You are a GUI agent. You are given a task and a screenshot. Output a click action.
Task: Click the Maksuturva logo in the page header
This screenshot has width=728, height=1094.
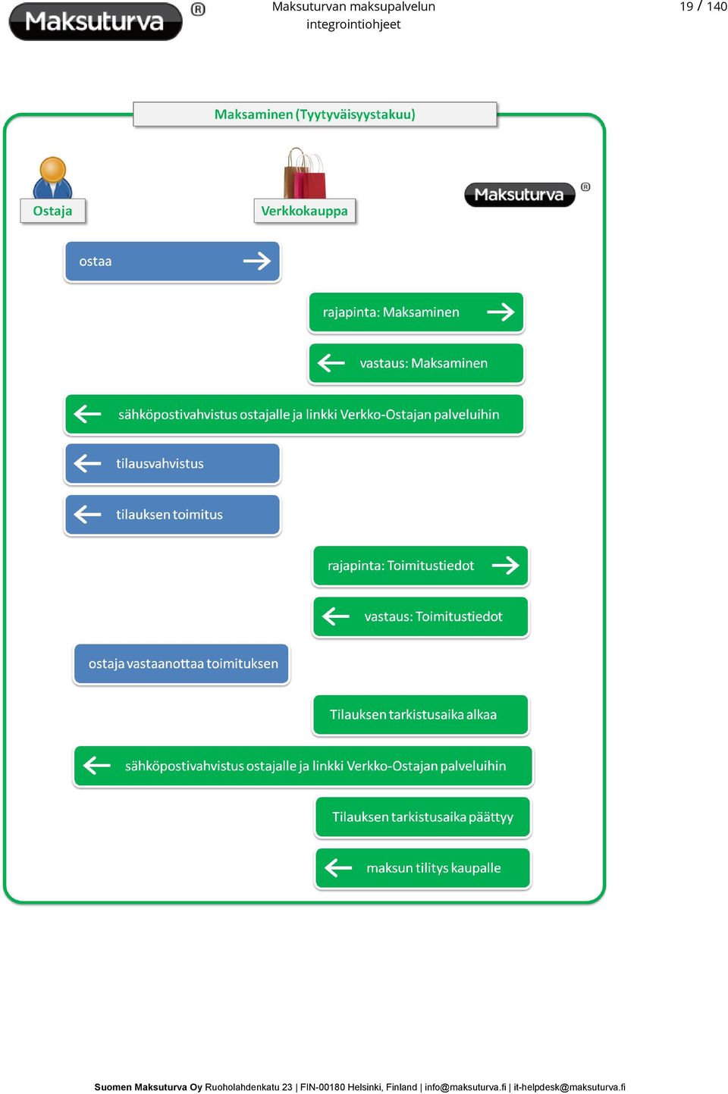[96, 21]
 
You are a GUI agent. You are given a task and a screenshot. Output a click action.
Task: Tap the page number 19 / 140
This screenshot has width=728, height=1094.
[703, 6]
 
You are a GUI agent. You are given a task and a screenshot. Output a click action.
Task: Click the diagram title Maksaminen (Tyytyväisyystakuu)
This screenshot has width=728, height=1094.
[315, 114]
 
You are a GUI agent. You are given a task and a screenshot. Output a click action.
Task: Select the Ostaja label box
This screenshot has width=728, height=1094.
[53, 211]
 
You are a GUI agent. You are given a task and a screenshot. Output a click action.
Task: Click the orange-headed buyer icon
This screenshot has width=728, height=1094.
[52, 177]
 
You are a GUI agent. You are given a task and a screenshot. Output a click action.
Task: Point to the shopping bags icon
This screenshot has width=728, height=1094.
[305, 173]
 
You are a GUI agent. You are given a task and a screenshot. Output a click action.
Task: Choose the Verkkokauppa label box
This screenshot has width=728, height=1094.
[304, 211]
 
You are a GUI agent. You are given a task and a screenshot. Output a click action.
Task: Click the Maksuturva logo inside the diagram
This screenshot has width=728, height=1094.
[519, 195]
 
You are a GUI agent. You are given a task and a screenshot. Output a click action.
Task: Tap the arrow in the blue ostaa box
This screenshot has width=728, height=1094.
[257, 262]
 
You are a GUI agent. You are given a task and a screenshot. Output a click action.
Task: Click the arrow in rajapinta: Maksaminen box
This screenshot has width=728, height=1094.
[500, 312]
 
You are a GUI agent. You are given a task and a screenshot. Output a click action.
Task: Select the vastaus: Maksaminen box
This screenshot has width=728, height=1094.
[416, 363]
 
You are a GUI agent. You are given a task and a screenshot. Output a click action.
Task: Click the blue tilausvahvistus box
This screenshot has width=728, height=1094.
[172, 463]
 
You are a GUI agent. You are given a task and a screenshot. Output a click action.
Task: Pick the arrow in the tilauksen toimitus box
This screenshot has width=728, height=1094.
[87, 514]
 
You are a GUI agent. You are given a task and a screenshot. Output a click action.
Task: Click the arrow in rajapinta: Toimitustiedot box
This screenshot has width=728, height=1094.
[506, 566]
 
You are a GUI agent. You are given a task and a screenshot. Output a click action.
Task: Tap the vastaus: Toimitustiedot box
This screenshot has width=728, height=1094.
[421, 617]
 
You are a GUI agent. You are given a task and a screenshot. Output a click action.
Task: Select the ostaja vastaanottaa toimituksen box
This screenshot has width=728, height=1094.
[181, 664]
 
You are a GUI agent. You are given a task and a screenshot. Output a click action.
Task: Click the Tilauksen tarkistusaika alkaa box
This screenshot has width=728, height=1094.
[421, 715]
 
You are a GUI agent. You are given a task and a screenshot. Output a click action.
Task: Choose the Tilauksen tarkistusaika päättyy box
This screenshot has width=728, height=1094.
[423, 817]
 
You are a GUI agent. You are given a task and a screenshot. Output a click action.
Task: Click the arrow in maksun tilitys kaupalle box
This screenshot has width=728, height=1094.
[338, 868]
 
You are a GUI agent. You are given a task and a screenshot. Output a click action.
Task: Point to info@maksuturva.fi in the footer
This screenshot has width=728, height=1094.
[466, 1087]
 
